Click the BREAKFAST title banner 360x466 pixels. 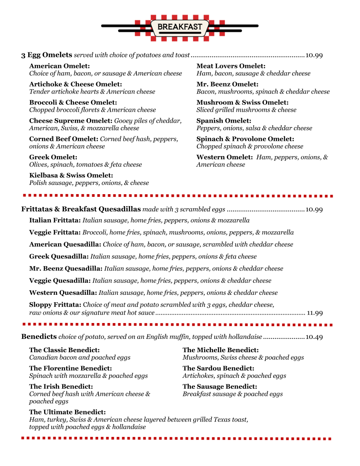pyautogui.click(x=180, y=27)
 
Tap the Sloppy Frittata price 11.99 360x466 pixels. pyautogui.click(x=315, y=313)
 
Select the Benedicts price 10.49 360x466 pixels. pyautogui.click(x=314, y=337)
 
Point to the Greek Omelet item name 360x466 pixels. pyautogui.click(x=53, y=157)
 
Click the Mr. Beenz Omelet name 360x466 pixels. pyautogui.click(x=227, y=84)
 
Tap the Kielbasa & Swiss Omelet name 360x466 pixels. pyautogui.click(x=71, y=175)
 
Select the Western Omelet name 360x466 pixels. pyautogui.click(x=225, y=157)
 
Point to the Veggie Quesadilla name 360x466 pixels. pyautogui.click(x=60, y=281)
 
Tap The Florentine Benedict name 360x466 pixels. pyautogui.click(x=71, y=368)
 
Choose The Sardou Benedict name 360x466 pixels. pyautogui.click(x=218, y=368)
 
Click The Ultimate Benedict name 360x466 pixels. pyautogui.click(x=67, y=412)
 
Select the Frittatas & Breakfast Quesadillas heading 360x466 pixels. pyautogui.click(x=81, y=209)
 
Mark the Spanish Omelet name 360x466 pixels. pyautogui.click(x=224, y=120)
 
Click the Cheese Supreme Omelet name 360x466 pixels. pyautogui.click(x=71, y=120)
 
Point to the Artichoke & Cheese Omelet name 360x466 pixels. pyautogui.click(x=75, y=84)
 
